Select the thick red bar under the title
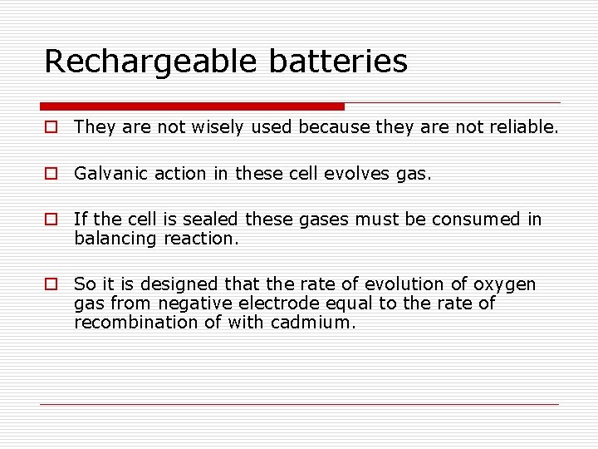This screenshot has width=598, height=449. [192, 106]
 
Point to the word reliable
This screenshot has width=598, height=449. [522, 127]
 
